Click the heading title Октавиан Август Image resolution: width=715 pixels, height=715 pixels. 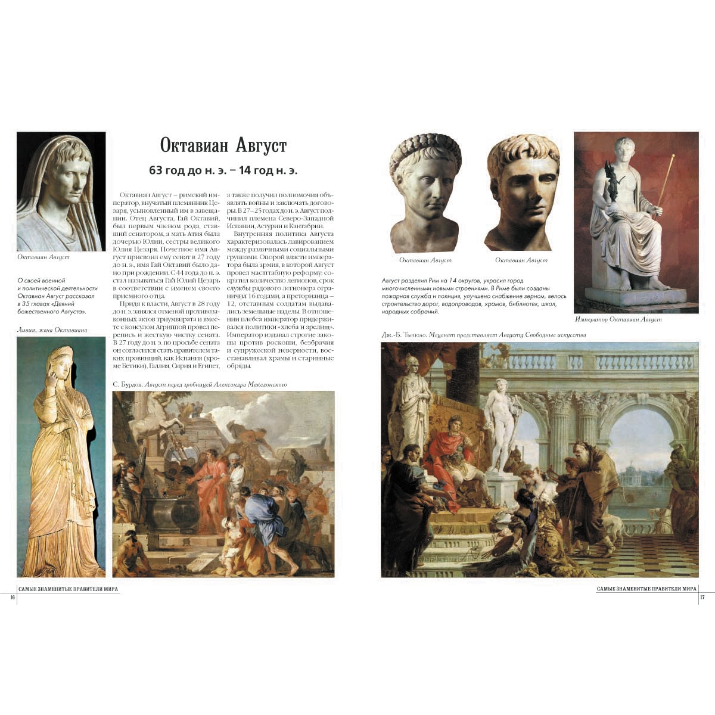tap(223, 146)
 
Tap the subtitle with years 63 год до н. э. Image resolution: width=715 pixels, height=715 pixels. tap(223, 170)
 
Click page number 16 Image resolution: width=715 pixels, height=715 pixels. tap(13, 598)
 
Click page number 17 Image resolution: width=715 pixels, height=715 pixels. tap(702, 598)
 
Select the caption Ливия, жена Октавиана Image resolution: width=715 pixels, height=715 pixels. tap(52, 329)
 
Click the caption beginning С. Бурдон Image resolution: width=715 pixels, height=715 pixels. tap(200, 384)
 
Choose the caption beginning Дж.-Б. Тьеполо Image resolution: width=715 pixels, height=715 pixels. tap(483, 335)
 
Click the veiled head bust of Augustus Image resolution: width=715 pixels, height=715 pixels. tap(61, 191)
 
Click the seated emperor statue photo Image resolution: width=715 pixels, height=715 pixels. tap(636, 222)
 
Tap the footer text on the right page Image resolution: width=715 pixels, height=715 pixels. tap(646, 589)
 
